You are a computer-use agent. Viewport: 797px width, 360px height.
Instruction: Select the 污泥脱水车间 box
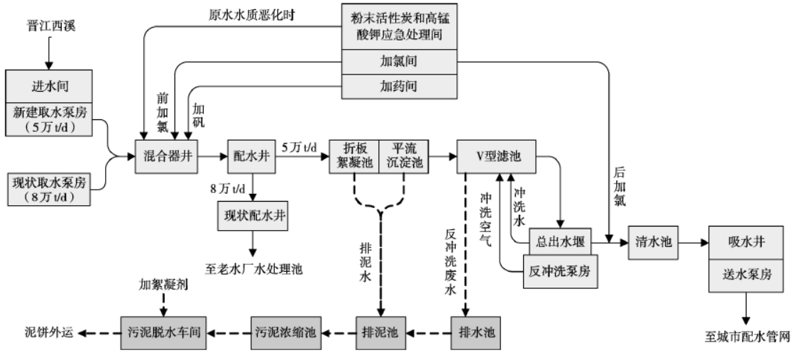(x=163, y=332)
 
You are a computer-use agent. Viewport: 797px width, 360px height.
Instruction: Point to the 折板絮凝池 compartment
(x=354, y=154)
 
